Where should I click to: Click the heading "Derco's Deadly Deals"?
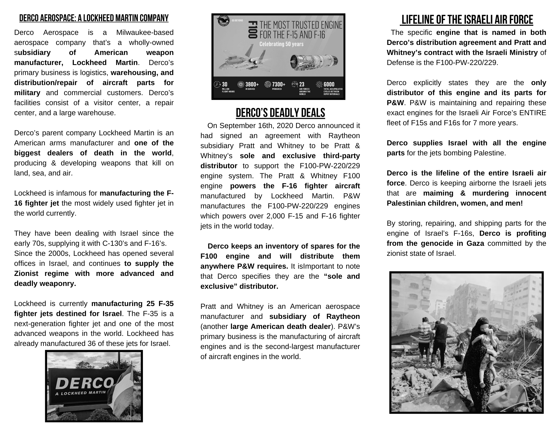tap(280, 113)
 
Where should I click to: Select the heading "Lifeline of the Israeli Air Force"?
tap(467, 20)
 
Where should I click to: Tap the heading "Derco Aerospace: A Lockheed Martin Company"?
tap(94, 18)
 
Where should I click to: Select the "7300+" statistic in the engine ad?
tap(278, 84)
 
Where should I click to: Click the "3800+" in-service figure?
tap(252, 84)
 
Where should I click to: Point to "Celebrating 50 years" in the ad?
tap(281, 44)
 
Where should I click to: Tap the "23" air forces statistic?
tap(301, 84)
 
